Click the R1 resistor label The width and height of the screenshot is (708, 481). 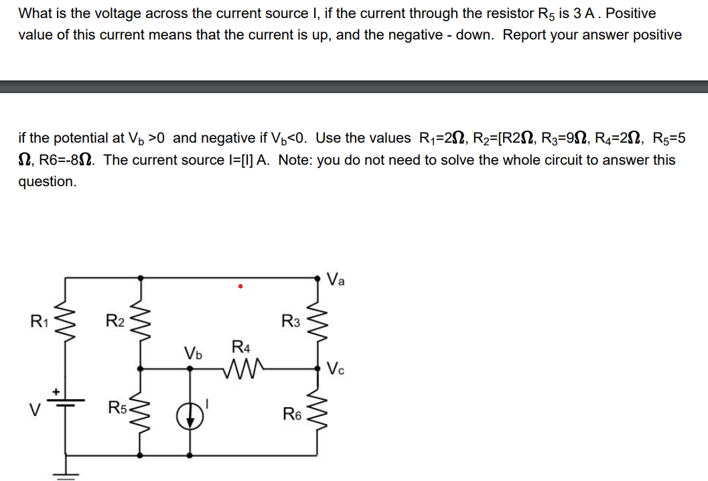pyautogui.click(x=38, y=321)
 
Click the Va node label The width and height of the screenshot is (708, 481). pyautogui.click(x=337, y=279)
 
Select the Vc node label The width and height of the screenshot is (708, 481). pyautogui.click(x=337, y=368)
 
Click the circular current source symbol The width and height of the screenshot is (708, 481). pyautogui.click(x=190, y=415)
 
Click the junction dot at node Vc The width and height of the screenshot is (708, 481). pyautogui.click(x=319, y=367)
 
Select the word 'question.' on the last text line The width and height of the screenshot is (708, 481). pyautogui.click(x=47, y=182)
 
